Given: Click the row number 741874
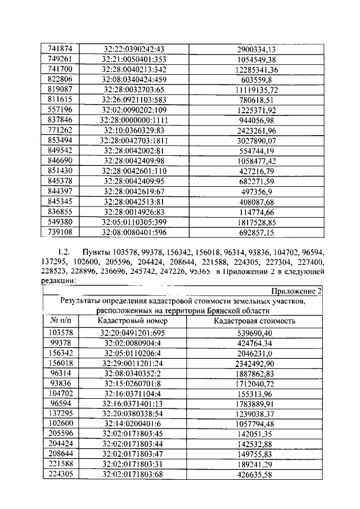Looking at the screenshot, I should coord(56,49).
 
